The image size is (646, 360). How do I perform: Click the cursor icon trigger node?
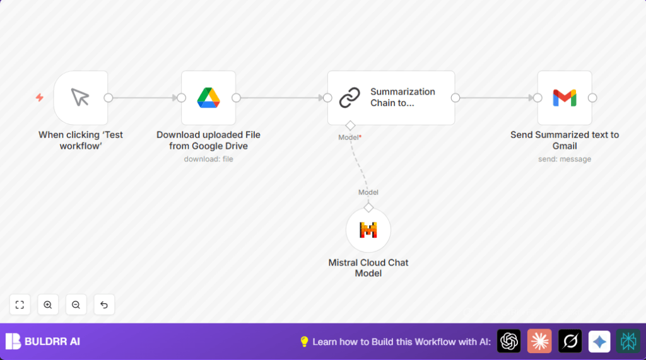point(81,98)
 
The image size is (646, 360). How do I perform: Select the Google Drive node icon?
point(208,98)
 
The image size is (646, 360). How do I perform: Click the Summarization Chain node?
point(391,98)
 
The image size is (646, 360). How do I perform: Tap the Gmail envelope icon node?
point(565,98)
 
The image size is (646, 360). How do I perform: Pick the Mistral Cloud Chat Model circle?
point(368,230)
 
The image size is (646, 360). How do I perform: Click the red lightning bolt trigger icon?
point(40,98)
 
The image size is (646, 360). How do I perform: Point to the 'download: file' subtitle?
point(208,159)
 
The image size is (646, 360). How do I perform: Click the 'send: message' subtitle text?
point(565,159)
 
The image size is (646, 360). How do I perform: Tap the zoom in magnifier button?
point(48,305)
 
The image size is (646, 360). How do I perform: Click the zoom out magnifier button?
point(76,305)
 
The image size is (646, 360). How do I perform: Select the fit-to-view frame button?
point(20,305)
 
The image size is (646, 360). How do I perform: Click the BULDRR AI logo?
point(43,342)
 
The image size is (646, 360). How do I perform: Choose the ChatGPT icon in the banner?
point(509,341)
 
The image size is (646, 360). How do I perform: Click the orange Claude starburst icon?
point(539,341)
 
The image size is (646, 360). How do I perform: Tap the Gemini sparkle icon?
point(599,341)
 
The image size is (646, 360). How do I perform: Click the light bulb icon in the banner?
point(304,342)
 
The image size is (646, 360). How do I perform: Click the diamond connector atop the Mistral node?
point(368,207)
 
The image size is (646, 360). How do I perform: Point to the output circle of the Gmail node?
point(592,98)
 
